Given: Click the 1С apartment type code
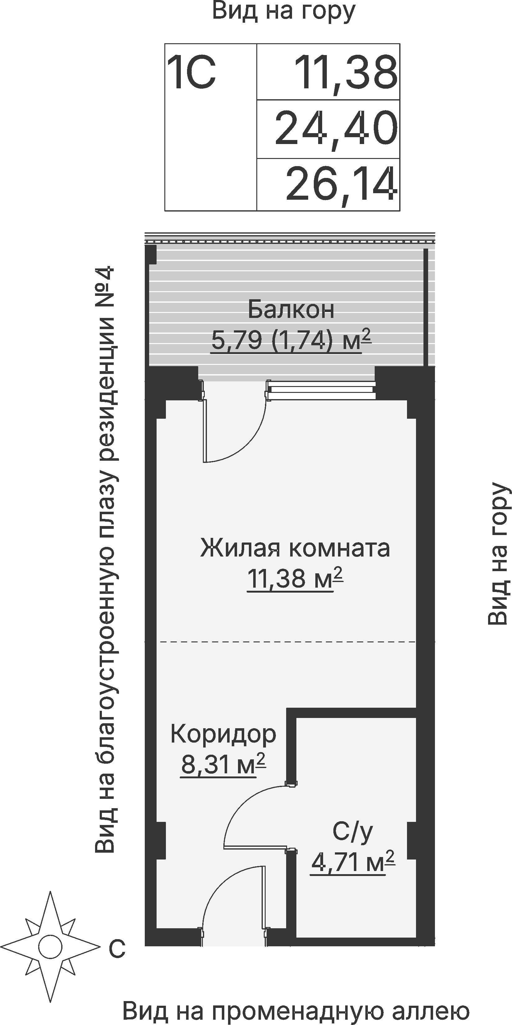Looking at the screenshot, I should [192, 73].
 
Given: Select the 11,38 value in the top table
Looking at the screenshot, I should [346, 73].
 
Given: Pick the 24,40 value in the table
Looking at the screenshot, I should [336, 129].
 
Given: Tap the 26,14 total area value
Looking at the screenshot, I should [341, 184].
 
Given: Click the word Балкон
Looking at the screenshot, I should [291, 310].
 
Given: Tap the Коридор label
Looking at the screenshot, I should [223, 734].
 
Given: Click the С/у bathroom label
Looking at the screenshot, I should [353, 831].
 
